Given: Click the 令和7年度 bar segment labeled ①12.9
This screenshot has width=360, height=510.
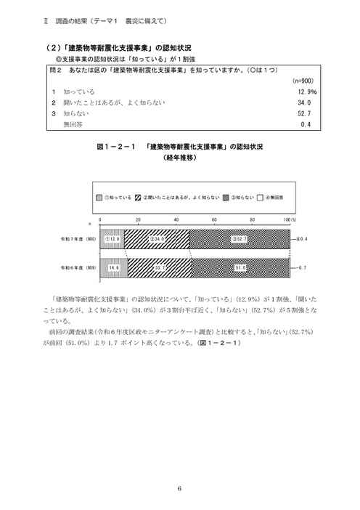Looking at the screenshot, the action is [111, 238].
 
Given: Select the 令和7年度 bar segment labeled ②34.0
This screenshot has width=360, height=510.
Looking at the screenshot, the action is [156, 238].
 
